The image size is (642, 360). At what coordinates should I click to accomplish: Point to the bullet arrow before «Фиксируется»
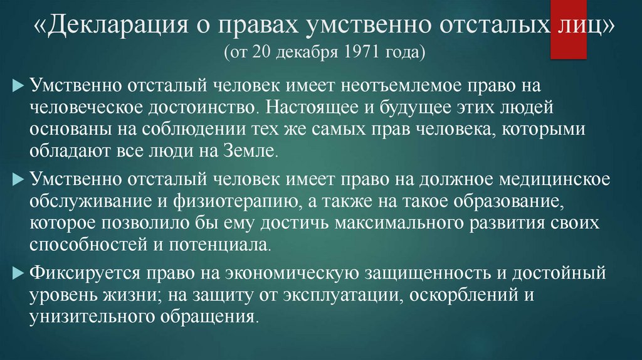[18, 272]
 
